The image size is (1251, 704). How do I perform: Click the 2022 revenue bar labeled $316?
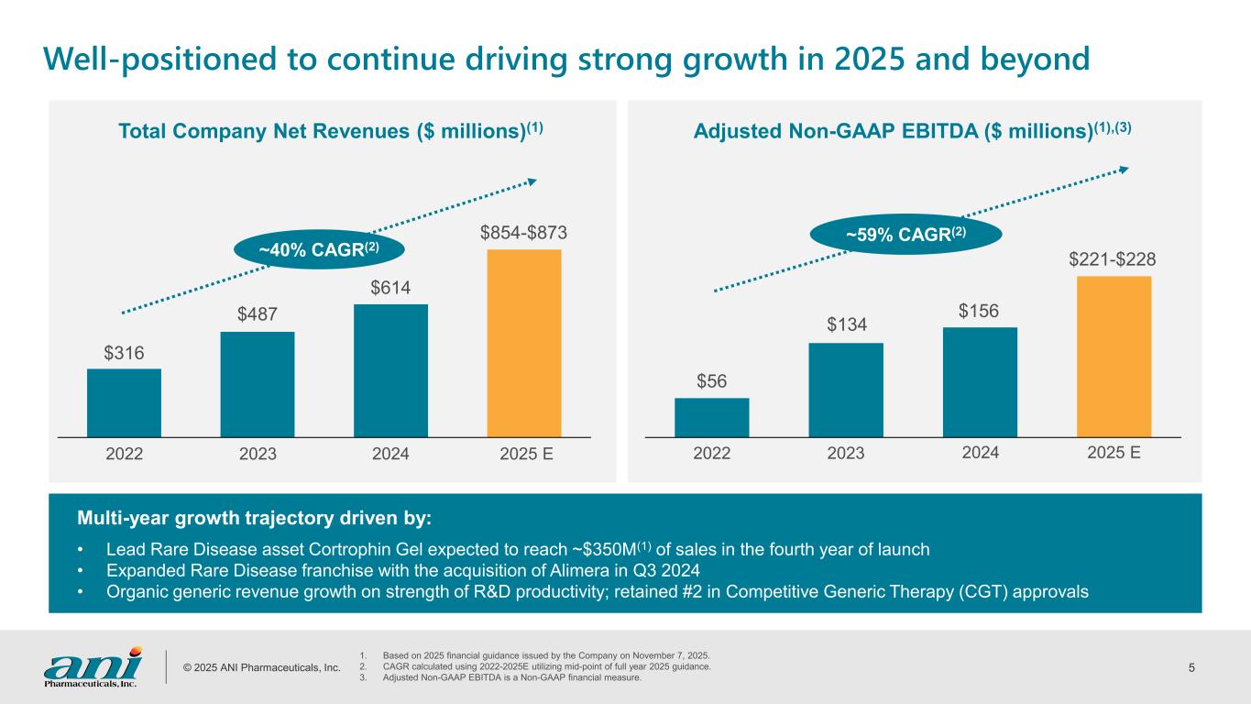pos(124,402)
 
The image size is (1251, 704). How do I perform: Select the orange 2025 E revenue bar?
pos(523,343)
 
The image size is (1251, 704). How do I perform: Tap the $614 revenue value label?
pos(390,287)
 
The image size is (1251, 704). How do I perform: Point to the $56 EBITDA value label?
pos(711,380)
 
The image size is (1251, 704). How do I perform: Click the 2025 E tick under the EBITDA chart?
pos(1114,454)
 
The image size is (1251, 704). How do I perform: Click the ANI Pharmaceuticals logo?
pos(93,666)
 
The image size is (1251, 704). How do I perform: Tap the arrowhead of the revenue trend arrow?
pos(530,182)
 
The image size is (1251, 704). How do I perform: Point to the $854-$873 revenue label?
pos(523,234)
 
